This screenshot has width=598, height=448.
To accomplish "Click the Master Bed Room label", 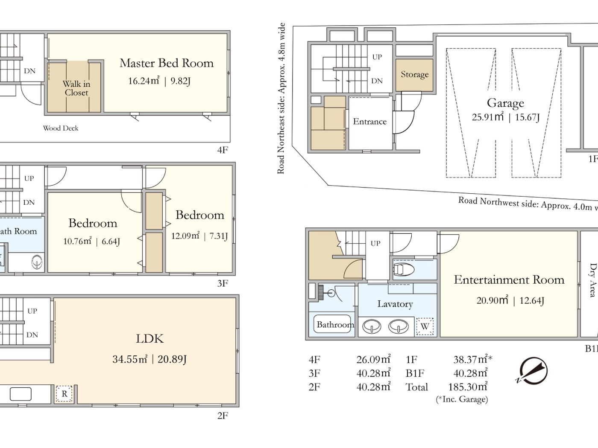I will (x=166, y=63).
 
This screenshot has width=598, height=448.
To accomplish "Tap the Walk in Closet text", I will (x=76, y=88).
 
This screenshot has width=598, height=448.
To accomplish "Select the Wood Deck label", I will (x=61, y=128).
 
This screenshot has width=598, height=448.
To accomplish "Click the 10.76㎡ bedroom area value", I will (x=77, y=241).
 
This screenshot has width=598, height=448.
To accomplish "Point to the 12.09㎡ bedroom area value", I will (x=185, y=236).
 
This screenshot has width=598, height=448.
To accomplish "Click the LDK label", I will (x=149, y=339).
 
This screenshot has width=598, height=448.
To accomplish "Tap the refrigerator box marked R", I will (x=64, y=394).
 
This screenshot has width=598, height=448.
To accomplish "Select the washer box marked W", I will (x=425, y=327).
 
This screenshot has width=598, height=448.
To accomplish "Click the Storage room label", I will (x=414, y=75).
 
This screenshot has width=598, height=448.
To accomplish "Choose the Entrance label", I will (x=369, y=122).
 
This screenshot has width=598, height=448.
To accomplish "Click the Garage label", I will (x=505, y=103).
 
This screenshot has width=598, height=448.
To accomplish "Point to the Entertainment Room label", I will (x=509, y=280).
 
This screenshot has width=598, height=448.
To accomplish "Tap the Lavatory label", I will (x=395, y=304).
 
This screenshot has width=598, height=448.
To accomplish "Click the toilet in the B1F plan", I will (x=403, y=270).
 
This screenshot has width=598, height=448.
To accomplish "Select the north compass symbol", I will (x=533, y=371).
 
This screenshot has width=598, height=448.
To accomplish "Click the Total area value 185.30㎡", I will (x=467, y=387).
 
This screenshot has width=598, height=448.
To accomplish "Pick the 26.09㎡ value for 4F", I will (x=373, y=360).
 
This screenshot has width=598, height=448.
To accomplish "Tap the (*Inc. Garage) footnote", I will (x=462, y=399).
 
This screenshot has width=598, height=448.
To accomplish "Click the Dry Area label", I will (x=592, y=280).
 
